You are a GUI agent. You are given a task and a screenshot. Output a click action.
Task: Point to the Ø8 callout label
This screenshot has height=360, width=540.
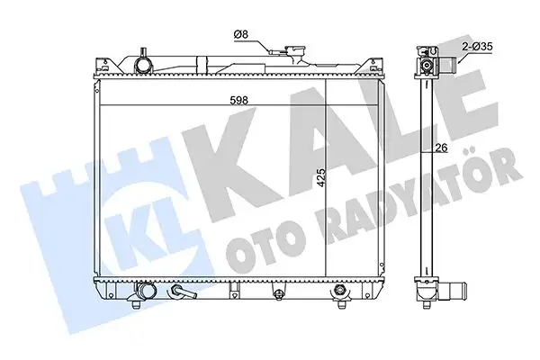(x=240, y=34)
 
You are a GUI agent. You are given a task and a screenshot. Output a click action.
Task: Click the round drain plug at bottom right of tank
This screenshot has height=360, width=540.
(x=340, y=292)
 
